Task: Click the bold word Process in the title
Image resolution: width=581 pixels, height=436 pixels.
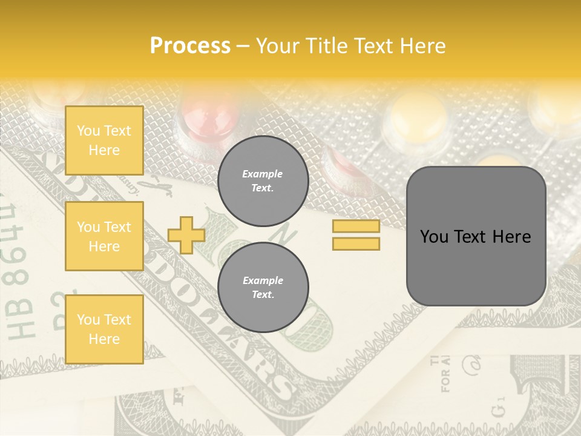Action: (190, 46)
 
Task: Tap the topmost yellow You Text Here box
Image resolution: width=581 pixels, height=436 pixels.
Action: (104, 140)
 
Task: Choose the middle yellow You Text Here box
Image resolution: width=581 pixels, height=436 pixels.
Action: (104, 236)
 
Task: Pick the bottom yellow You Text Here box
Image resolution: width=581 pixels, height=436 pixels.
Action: (104, 329)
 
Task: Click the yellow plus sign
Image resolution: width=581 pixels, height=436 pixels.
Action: (186, 235)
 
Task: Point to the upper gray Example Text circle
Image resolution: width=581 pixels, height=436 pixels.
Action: (263, 181)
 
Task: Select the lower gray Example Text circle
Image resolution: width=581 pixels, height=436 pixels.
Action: (263, 288)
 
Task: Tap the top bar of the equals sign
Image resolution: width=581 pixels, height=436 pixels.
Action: (356, 226)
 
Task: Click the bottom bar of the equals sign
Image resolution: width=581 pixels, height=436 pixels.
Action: (356, 243)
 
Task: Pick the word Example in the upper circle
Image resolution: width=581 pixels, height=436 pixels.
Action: (263, 174)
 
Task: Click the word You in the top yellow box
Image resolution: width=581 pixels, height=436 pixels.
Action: (88, 131)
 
